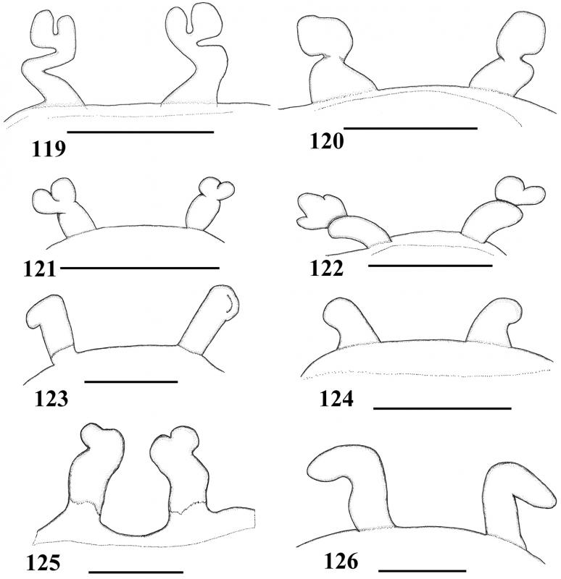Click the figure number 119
[49, 149]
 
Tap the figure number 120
[327, 141]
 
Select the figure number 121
[40, 269]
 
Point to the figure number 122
[327, 269]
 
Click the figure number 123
[51, 399]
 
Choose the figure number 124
[336, 399]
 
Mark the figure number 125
[43, 563]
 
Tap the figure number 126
[341, 562]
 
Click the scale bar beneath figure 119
[141, 132]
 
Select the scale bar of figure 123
[131, 381]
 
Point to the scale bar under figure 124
[442, 408]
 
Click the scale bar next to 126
[423, 571]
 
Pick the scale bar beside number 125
[136, 572]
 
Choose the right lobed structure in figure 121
[207, 207]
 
